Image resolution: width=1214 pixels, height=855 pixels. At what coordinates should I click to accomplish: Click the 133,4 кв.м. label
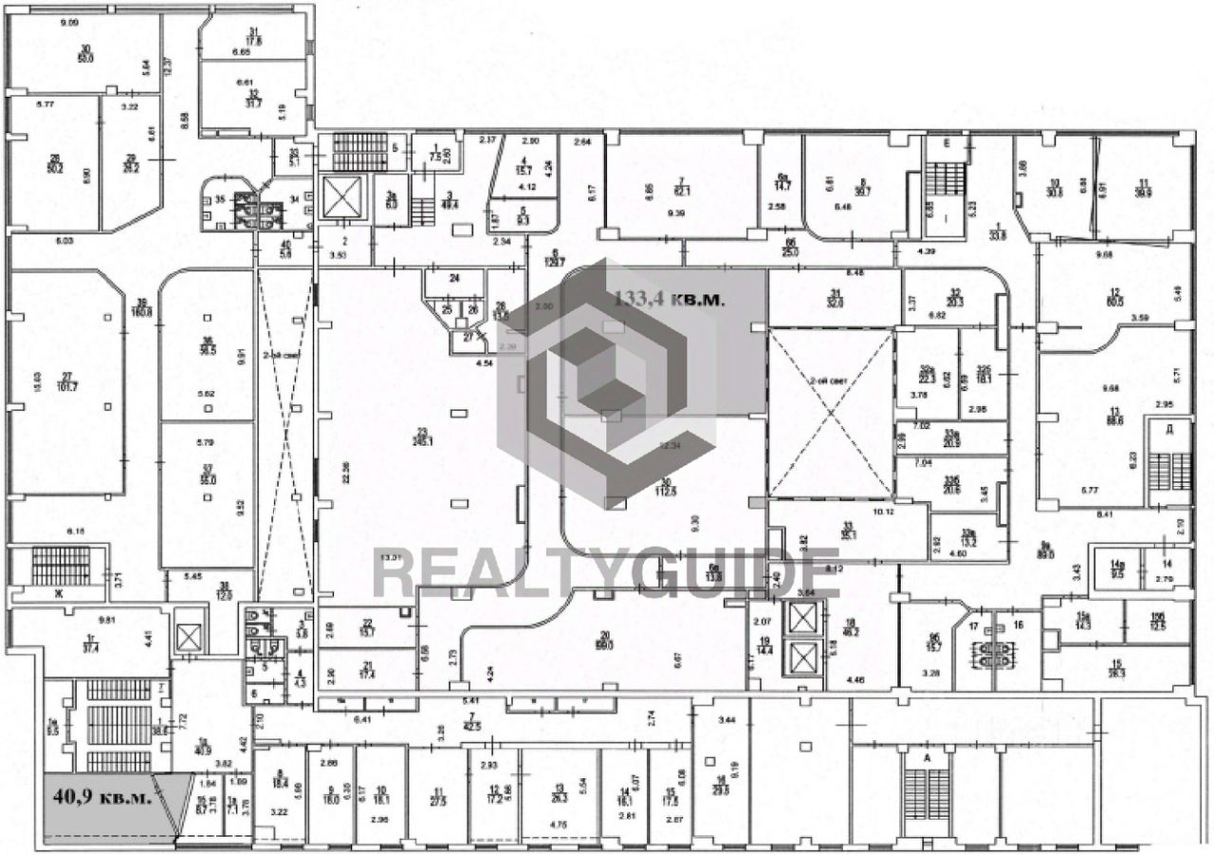(671, 299)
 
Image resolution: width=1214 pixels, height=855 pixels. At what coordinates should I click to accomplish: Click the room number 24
(453, 279)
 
